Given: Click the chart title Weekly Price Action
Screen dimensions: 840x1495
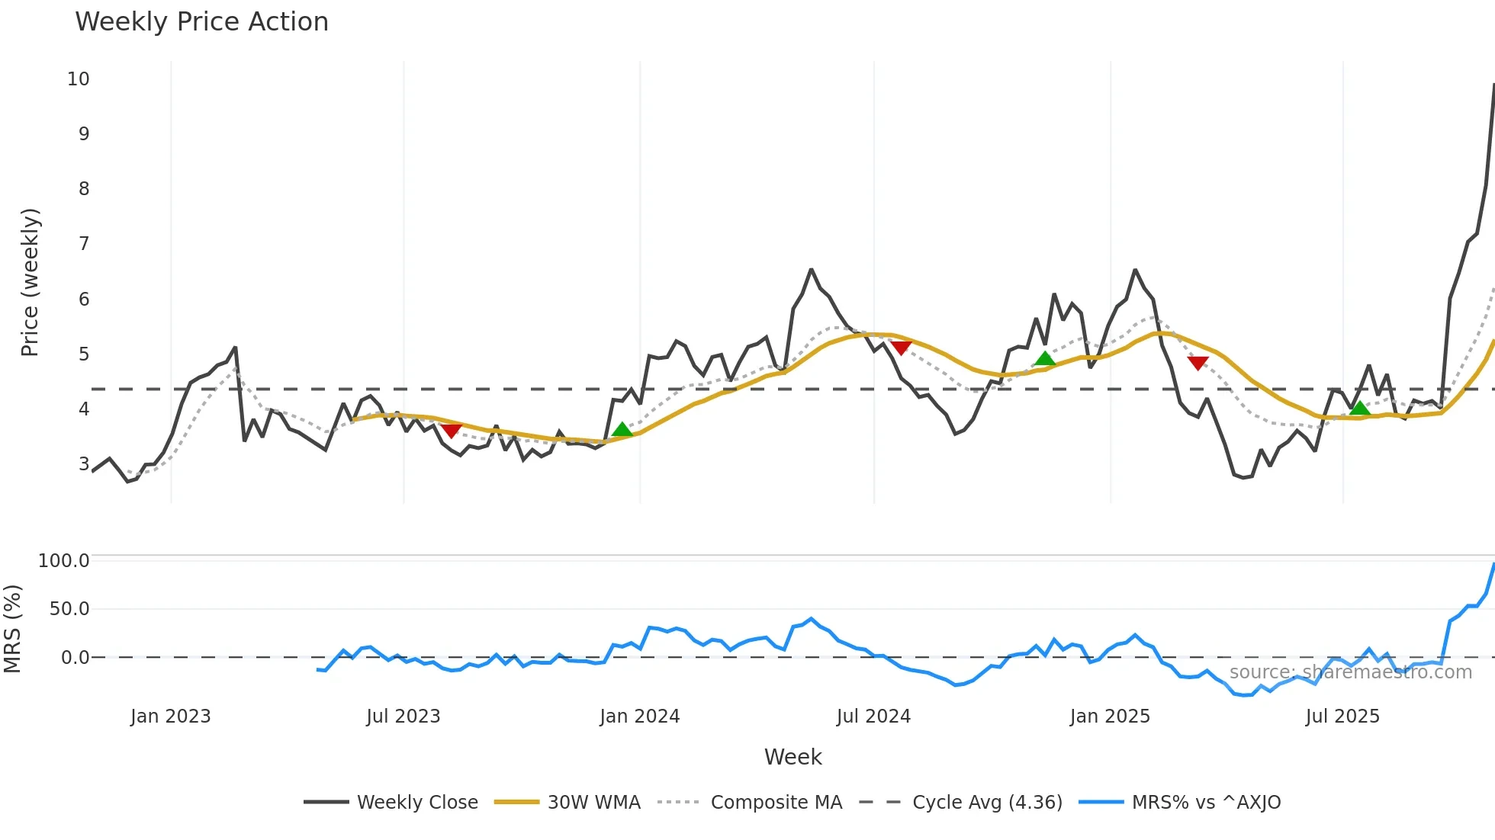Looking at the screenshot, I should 201,22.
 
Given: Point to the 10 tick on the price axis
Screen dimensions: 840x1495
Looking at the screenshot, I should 79,79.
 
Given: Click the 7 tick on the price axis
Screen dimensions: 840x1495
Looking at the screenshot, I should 84,244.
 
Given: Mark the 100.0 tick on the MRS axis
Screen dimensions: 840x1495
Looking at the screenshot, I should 64,561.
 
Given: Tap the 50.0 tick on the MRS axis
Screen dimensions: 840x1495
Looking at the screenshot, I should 69,609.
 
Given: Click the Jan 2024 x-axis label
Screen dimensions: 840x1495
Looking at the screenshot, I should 639,717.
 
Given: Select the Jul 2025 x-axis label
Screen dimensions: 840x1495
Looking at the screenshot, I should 1342,717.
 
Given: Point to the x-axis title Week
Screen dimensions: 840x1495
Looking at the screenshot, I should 793,757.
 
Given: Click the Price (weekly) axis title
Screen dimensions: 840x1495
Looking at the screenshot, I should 30,282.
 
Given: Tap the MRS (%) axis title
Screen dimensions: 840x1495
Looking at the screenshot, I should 12,629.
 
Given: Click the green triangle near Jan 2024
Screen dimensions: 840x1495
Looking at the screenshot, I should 622,430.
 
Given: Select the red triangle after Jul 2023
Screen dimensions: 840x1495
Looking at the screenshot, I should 452,431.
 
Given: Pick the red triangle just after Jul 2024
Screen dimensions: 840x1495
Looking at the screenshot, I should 901,348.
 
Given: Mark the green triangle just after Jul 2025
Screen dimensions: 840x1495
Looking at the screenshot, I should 1359,409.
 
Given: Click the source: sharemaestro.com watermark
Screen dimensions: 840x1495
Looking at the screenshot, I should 1350,672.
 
